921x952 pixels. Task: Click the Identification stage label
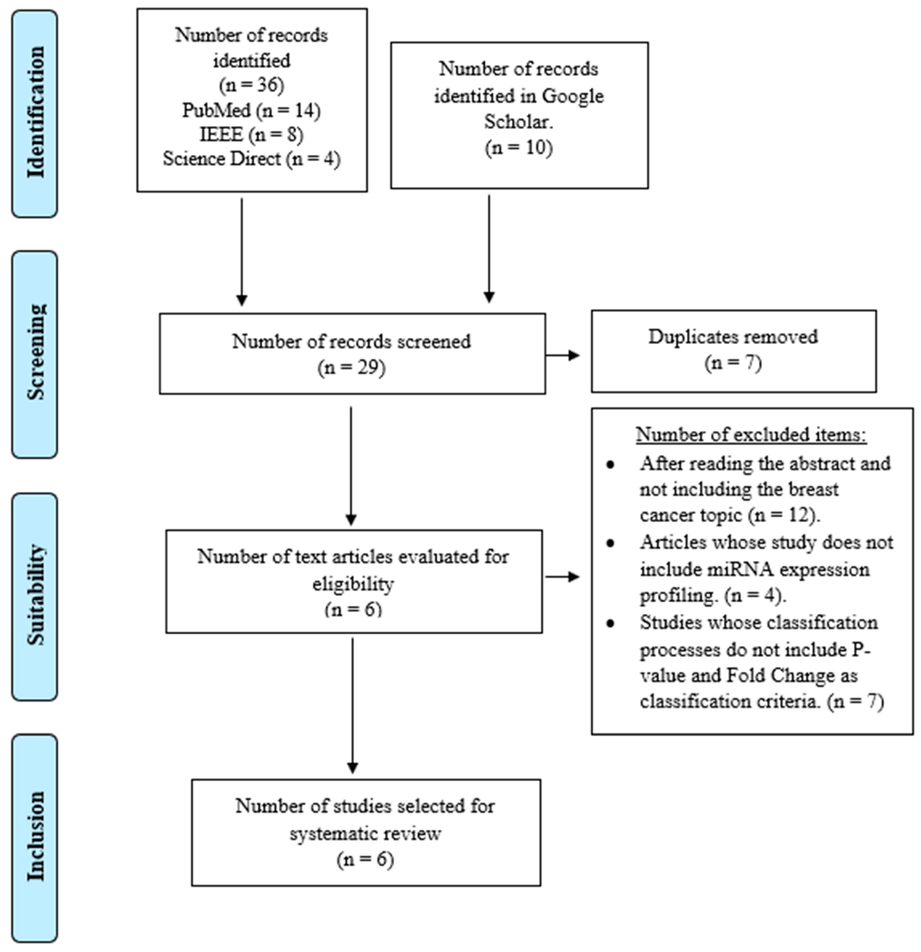[x=35, y=113]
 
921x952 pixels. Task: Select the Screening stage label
[x=35, y=353]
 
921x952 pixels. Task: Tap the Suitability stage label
[x=35, y=596]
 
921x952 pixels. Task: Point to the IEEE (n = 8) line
[x=251, y=135]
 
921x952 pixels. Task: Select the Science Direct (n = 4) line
[x=251, y=159]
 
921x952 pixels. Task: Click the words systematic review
[x=365, y=834]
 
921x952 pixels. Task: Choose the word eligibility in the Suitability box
[x=353, y=583]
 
